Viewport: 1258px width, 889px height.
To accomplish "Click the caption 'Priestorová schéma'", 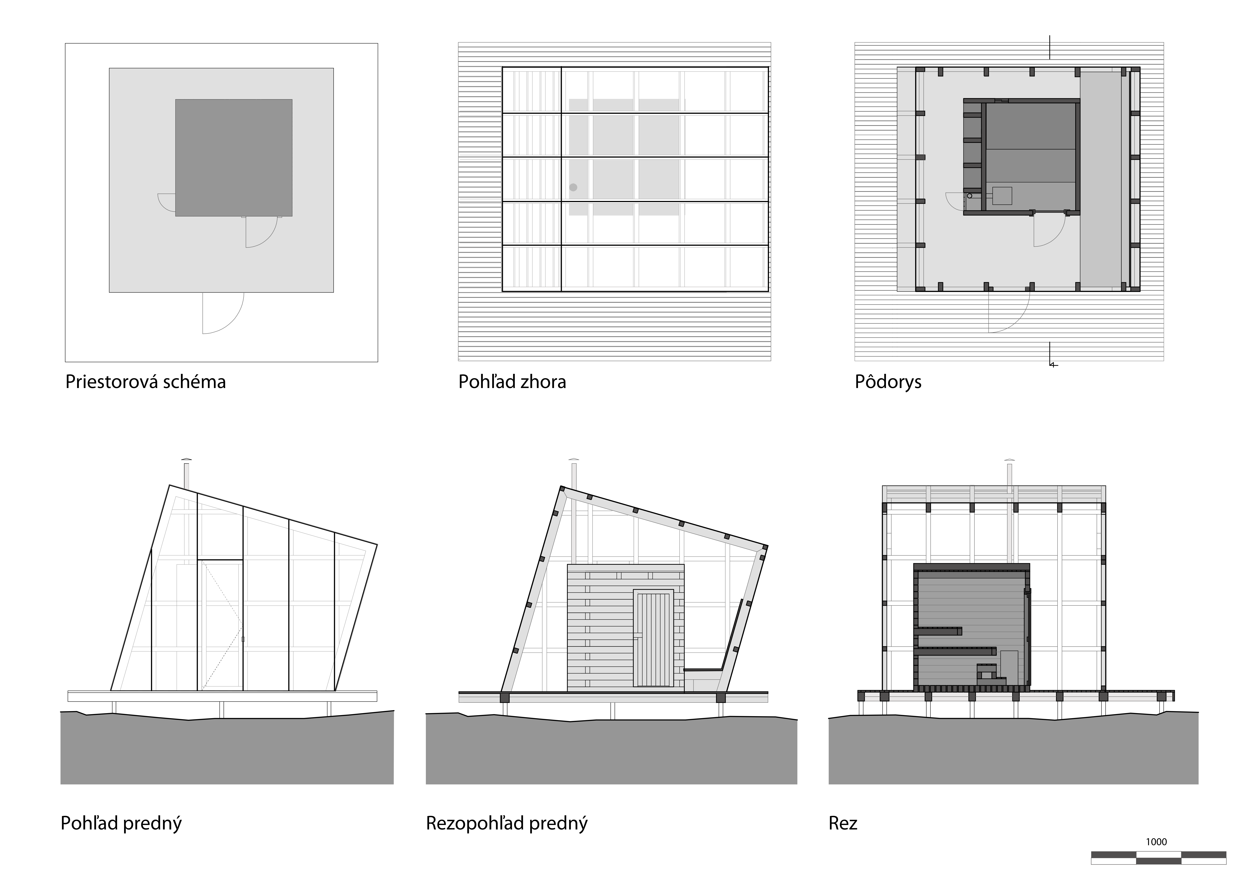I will pos(145,382).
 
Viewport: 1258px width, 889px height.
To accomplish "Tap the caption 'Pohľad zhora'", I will pos(512,382).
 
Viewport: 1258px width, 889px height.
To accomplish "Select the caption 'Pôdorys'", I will pos(888,382).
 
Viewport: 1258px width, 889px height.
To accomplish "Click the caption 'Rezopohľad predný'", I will pos(506,823).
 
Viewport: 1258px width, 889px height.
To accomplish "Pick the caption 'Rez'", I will pos(843,823).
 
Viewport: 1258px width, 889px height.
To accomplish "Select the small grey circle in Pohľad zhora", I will pos(573,187).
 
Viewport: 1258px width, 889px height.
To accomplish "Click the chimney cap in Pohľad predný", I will pos(186,460).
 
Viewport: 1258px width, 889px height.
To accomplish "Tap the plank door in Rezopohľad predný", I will pos(653,638).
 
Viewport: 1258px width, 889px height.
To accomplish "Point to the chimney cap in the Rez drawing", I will pos(1009,460).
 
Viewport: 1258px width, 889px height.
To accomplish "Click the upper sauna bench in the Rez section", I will pos(938,630).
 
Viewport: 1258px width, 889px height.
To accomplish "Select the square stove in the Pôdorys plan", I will pos(1002,196).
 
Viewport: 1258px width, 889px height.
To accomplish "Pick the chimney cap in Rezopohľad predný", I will pos(574,460).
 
